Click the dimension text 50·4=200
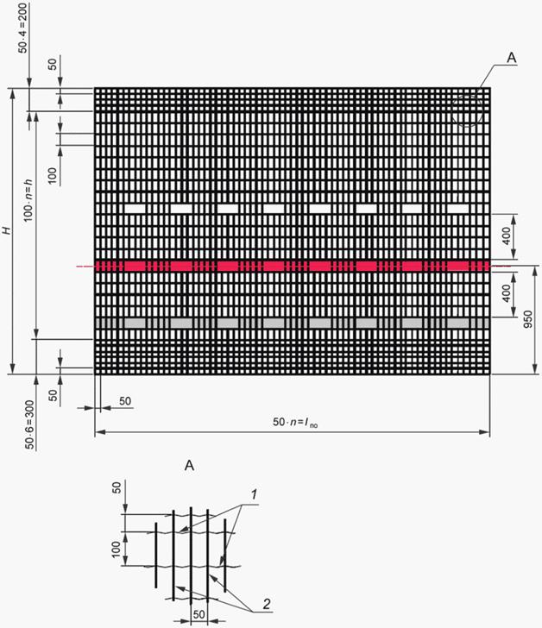(22, 28)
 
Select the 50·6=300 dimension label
(30, 424)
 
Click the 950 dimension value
(528, 319)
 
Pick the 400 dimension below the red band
(507, 293)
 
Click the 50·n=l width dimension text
(295, 422)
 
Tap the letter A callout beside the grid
(512, 58)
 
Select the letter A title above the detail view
(189, 466)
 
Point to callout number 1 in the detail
(253, 495)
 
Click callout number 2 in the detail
(267, 604)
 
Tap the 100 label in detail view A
(116, 549)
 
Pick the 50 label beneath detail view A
(199, 614)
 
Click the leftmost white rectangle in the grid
(135, 208)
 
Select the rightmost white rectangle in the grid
(458, 208)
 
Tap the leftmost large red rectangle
(135, 266)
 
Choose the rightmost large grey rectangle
(458, 323)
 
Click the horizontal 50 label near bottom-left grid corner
(125, 401)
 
